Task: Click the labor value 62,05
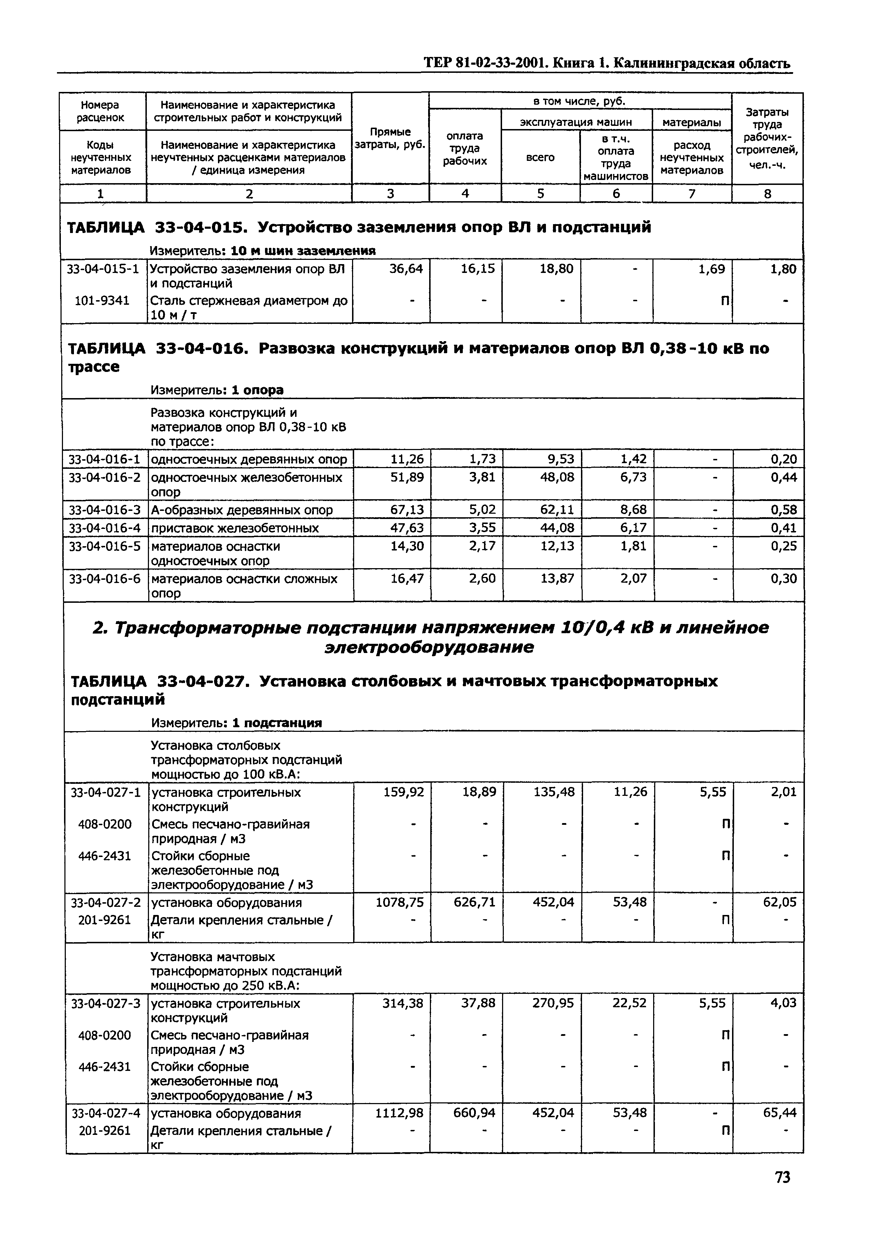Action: tap(779, 903)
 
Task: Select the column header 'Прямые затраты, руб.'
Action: tap(390, 138)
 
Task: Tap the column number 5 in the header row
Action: tap(540, 193)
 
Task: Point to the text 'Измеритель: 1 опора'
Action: tap(217, 390)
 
